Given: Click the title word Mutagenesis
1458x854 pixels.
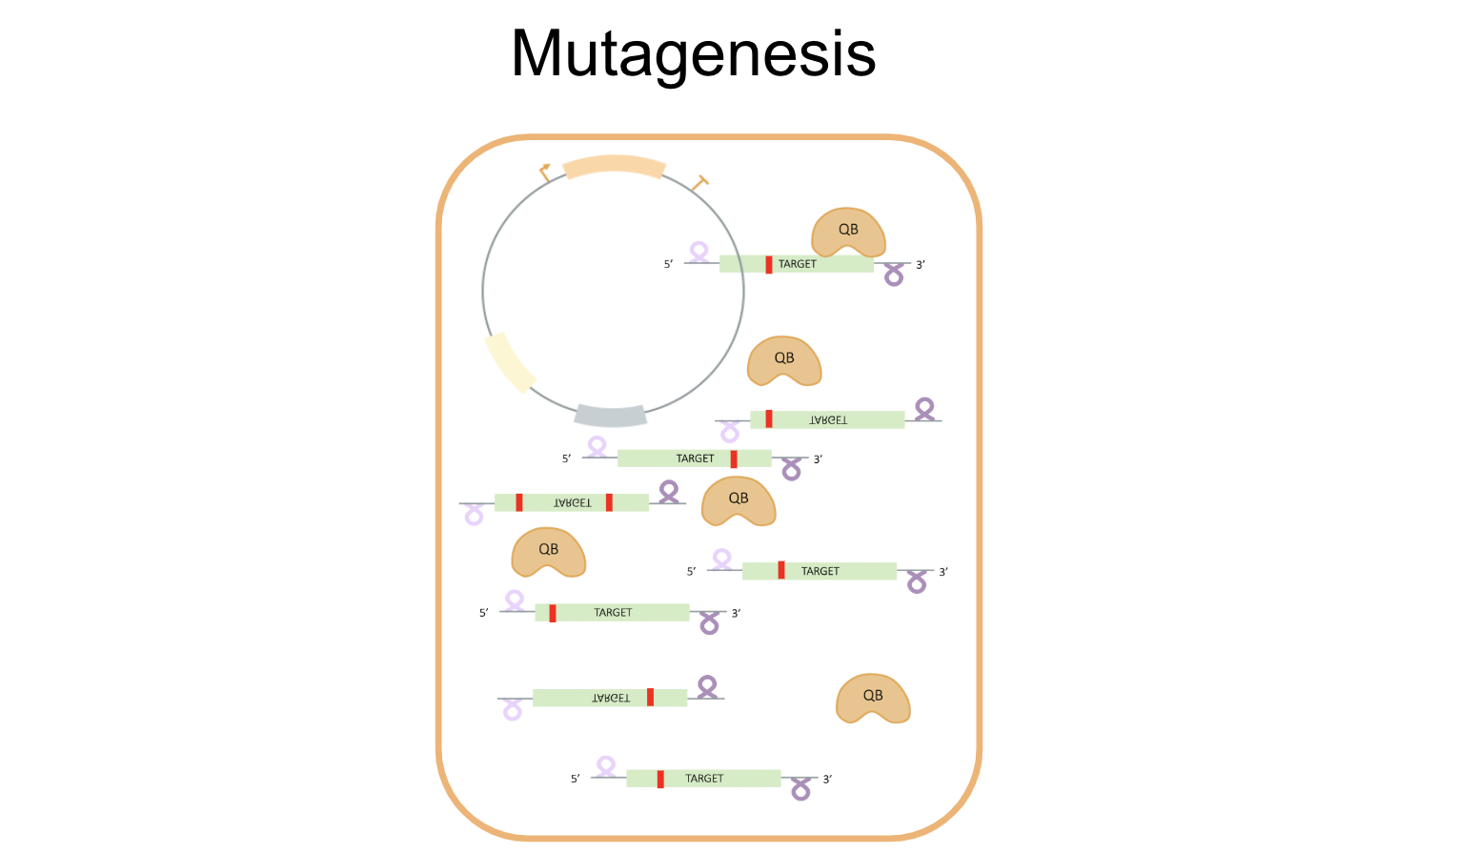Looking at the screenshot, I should pyautogui.click(x=693, y=53).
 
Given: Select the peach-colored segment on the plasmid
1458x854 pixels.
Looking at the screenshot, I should pyautogui.click(x=614, y=166).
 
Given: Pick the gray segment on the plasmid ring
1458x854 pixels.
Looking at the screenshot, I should pyautogui.click(x=611, y=415).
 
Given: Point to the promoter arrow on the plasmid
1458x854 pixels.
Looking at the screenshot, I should pyautogui.click(x=544, y=172).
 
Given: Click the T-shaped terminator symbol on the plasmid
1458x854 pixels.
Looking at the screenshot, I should pyautogui.click(x=700, y=181).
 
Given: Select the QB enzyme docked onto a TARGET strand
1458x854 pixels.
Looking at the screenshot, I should pyautogui.click(x=847, y=233).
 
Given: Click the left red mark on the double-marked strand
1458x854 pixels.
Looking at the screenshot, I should pyautogui.click(x=519, y=502).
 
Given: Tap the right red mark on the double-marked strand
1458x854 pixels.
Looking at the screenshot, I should pyautogui.click(x=609, y=502).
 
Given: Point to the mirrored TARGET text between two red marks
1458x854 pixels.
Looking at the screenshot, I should pyautogui.click(x=573, y=502).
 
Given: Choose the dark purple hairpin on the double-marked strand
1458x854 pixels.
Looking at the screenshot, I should pyautogui.click(x=669, y=491).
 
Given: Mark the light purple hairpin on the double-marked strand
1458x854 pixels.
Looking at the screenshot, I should pyautogui.click(x=474, y=516).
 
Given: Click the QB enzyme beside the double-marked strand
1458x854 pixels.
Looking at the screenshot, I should pyautogui.click(x=739, y=501).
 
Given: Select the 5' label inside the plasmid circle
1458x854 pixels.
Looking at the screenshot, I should pyautogui.click(x=668, y=264).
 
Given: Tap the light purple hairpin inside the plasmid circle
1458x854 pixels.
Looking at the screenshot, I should pyautogui.click(x=699, y=252).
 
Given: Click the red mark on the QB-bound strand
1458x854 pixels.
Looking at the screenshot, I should pyautogui.click(x=769, y=264).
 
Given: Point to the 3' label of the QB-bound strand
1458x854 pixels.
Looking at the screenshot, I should pyautogui.click(x=921, y=265).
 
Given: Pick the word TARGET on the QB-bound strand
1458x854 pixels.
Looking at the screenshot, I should pyautogui.click(x=798, y=264).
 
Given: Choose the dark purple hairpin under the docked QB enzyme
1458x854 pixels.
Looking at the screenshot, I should pyautogui.click(x=894, y=276).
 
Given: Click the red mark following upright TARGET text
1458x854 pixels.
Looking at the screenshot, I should pyautogui.click(x=734, y=458).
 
